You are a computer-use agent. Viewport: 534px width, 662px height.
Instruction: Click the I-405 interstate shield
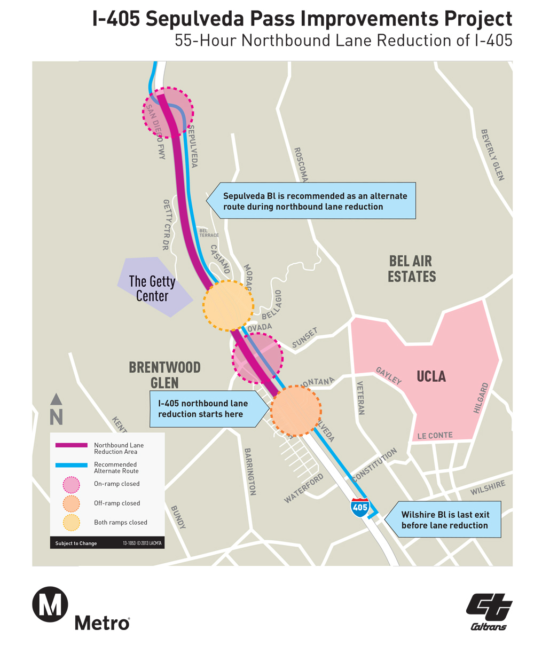click(360, 507)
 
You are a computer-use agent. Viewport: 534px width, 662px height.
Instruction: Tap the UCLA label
click(431, 376)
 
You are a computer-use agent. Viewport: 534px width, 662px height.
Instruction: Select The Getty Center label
click(152, 289)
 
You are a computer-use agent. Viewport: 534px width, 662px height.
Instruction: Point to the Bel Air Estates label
click(412, 269)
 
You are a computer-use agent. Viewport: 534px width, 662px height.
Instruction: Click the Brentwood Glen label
click(164, 375)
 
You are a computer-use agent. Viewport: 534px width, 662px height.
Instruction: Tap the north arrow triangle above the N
click(56, 399)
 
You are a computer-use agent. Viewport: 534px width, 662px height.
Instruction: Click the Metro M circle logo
click(50, 604)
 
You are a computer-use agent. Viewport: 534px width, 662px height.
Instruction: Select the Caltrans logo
click(489, 612)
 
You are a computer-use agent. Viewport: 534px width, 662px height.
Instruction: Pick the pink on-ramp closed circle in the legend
click(71, 484)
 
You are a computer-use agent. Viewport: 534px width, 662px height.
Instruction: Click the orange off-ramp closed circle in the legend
click(71, 503)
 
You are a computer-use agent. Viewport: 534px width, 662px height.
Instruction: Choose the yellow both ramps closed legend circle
click(71, 523)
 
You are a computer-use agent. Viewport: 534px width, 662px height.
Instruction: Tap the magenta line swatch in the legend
click(72, 445)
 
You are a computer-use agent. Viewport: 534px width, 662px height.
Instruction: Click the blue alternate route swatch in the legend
click(72, 465)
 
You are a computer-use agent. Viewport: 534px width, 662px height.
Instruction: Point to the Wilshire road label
click(488, 487)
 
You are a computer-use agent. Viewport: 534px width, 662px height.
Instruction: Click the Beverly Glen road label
click(492, 154)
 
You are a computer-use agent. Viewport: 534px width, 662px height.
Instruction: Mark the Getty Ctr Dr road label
click(167, 224)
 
